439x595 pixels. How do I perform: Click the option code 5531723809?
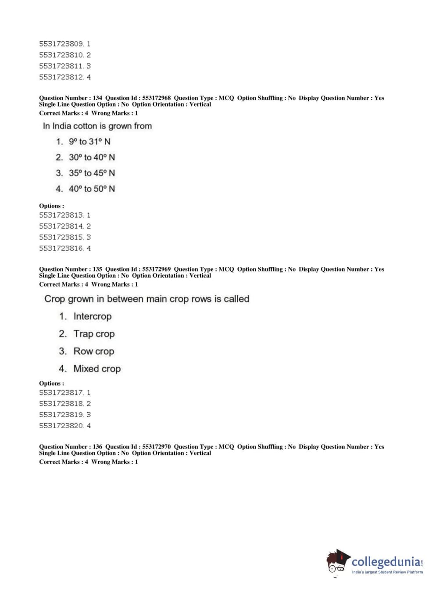pyautogui.click(x=61, y=44)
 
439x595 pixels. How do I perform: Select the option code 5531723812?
pyautogui.click(x=61, y=77)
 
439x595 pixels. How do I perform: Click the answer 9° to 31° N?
pyautogui.click(x=89, y=142)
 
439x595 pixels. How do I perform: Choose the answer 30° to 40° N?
pyautogui.click(x=92, y=158)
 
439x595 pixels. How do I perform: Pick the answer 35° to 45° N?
pyautogui.click(x=92, y=173)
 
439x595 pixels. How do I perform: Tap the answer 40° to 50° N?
pyautogui.click(x=92, y=189)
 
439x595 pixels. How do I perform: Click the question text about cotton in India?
pyautogui.click(x=97, y=126)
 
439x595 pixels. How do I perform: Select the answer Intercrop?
pyautogui.click(x=93, y=316)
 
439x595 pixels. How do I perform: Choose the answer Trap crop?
pyautogui.click(x=94, y=334)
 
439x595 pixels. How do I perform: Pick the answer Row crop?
pyautogui.click(x=93, y=351)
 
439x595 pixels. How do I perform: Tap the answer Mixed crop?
pyautogui.click(x=97, y=369)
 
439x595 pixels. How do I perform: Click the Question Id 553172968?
pyautogui.click(x=156, y=98)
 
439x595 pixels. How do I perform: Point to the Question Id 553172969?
pyautogui.click(x=156, y=269)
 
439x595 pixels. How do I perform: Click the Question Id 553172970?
pyautogui.click(x=156, y=447)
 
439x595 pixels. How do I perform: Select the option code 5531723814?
pyautogui.click(x=61, y=226)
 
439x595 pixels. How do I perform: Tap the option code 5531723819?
pyautogui.click(x=61, y=415)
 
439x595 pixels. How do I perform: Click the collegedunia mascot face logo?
pyautogui.click(x=337, y=562)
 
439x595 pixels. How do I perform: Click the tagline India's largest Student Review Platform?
pyautogui.click(x=387, y=572)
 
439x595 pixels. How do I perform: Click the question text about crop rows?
pyautogui.click(x=147, y=299)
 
